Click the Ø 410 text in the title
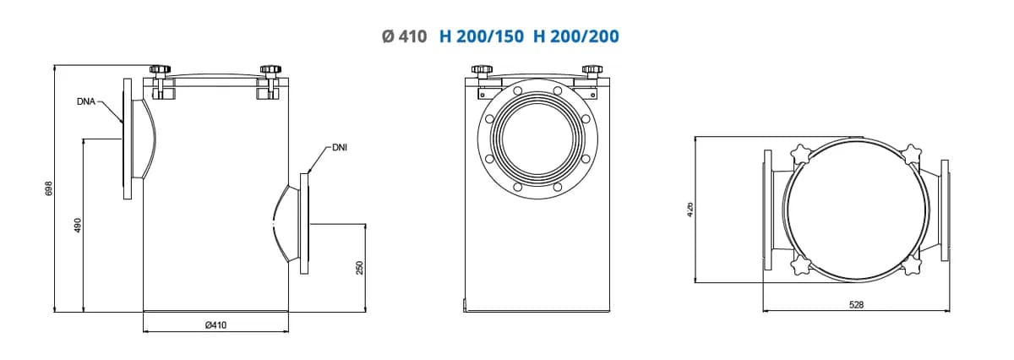pos(404,36)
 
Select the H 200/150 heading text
pos(482,36)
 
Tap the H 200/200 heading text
pos(576,36)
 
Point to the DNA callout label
pos(86,102)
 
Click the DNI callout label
pos(340,148)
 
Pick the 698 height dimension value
pos(49,188)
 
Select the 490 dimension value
pos(78,226)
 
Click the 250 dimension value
pos(359,268)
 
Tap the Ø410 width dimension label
pos(215,325)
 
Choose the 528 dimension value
pos(856,305)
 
